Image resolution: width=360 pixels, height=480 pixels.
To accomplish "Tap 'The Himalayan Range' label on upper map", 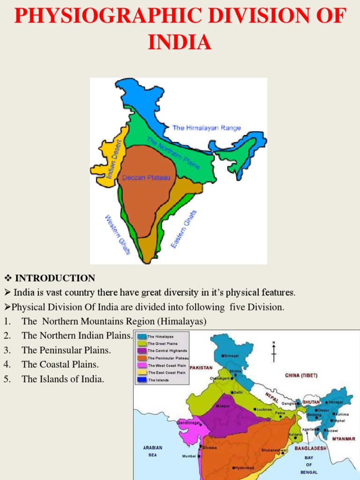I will [x=206, y=127].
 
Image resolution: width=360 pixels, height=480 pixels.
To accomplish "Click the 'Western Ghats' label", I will [x=117, y=235].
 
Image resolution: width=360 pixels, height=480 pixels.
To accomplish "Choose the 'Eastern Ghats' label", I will [x=184, y=229].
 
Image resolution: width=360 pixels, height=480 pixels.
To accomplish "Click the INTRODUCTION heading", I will [x=55, y=278].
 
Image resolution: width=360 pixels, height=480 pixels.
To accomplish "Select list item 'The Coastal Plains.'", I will [x=60, y=364].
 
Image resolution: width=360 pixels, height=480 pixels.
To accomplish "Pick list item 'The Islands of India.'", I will [x=63, y=379].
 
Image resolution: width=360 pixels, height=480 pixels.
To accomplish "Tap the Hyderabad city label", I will [x=244, y=468].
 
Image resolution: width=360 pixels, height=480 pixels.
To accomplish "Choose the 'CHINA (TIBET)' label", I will [x=304, y=375].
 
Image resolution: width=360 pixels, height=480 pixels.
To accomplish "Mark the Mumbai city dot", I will [x=201, y=456].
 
